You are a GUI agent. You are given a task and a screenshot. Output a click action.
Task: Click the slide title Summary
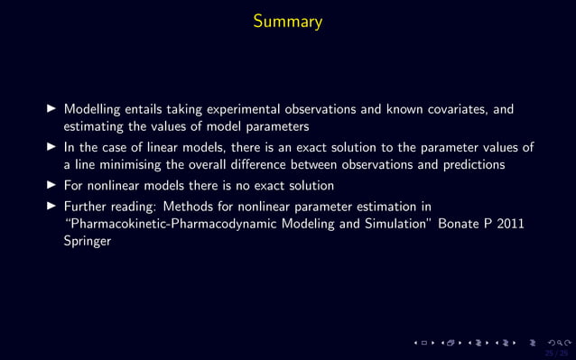[x=287, y=21]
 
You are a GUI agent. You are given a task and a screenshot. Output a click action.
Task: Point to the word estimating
[x=95, y=126]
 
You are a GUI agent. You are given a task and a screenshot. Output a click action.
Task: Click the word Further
[x=88, y=207]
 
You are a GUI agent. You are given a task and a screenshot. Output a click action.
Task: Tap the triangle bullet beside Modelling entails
[x=51, y=110]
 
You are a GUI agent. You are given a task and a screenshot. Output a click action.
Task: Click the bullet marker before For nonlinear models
[x=51, y=186]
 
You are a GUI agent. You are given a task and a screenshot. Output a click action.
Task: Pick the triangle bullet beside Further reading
[x=51, y=207]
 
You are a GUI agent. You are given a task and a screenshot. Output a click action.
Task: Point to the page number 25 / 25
[x=555, y=353]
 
